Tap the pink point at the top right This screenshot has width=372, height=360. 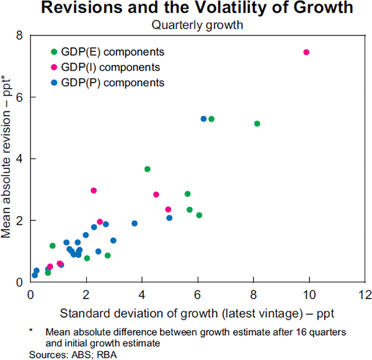306,52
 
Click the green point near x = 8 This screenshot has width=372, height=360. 257,124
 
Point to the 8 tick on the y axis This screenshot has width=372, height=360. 20,36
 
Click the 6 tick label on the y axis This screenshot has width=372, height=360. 20,97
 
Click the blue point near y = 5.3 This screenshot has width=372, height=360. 203,119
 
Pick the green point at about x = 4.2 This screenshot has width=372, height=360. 148,169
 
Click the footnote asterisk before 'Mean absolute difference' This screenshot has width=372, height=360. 32,332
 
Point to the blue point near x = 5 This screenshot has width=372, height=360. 169,218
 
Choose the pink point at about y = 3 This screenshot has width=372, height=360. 94,191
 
